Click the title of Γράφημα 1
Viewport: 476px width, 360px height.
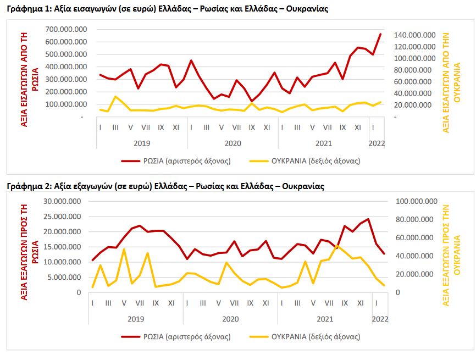point(168,10)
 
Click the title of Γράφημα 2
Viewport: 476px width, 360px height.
point(165,186)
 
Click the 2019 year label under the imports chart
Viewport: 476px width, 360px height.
point(142,142)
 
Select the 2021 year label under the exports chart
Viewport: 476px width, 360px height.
point(325,318)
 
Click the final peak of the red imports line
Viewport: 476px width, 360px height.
point(380,34)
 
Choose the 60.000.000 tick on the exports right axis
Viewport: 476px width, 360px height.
point(416,237)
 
